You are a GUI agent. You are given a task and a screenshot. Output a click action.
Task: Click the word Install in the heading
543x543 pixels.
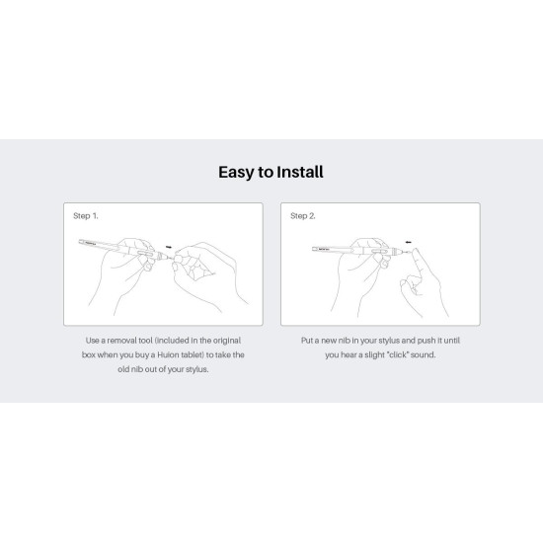point(299,172)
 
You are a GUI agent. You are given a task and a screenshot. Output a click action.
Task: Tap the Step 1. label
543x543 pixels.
point(86,214)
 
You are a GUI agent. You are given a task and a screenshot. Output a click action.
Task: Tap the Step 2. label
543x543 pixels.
point(303,214)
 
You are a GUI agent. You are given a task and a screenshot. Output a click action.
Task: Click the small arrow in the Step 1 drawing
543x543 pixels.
point(169,247)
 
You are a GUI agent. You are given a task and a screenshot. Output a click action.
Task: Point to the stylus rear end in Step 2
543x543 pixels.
point(314,249)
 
